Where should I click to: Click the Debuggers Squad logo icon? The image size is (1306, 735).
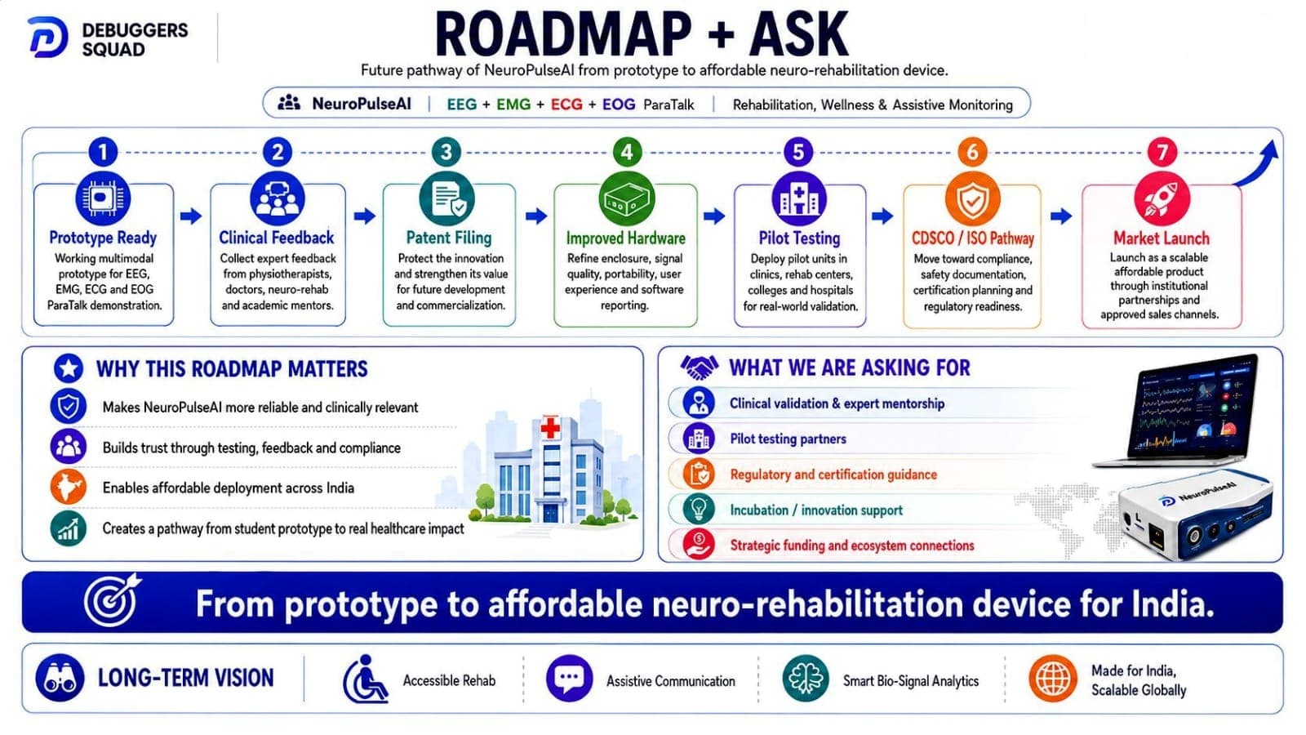pos(48,38)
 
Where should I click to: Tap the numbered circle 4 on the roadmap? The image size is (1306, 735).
pos(627,152)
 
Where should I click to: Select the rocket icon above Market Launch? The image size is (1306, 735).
pos(1162,199)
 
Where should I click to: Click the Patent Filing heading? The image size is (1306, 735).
pos(449,238)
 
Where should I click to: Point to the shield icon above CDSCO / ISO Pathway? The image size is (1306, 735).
pos(972,199)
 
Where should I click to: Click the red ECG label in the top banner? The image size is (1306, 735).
pos(566,105)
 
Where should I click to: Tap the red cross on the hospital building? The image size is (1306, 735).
pos(550,429)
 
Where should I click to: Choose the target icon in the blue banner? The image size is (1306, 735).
pos(112,601)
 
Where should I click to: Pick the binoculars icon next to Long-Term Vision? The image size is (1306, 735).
pos(60,679)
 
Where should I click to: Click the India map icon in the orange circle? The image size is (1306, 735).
pos(69,487)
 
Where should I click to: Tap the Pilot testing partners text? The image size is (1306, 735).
pos(788,439)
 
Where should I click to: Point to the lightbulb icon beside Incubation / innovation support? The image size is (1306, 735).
pos(699,510)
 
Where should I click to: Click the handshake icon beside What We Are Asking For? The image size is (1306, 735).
pos(699,367)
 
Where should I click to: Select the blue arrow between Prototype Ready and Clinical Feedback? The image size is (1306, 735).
pos(191,216)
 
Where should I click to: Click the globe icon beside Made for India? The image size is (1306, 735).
pos(1053,679)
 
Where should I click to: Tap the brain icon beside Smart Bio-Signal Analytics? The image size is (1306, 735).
pos(806,679)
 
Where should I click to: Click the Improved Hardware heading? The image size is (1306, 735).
pos(625,238)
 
